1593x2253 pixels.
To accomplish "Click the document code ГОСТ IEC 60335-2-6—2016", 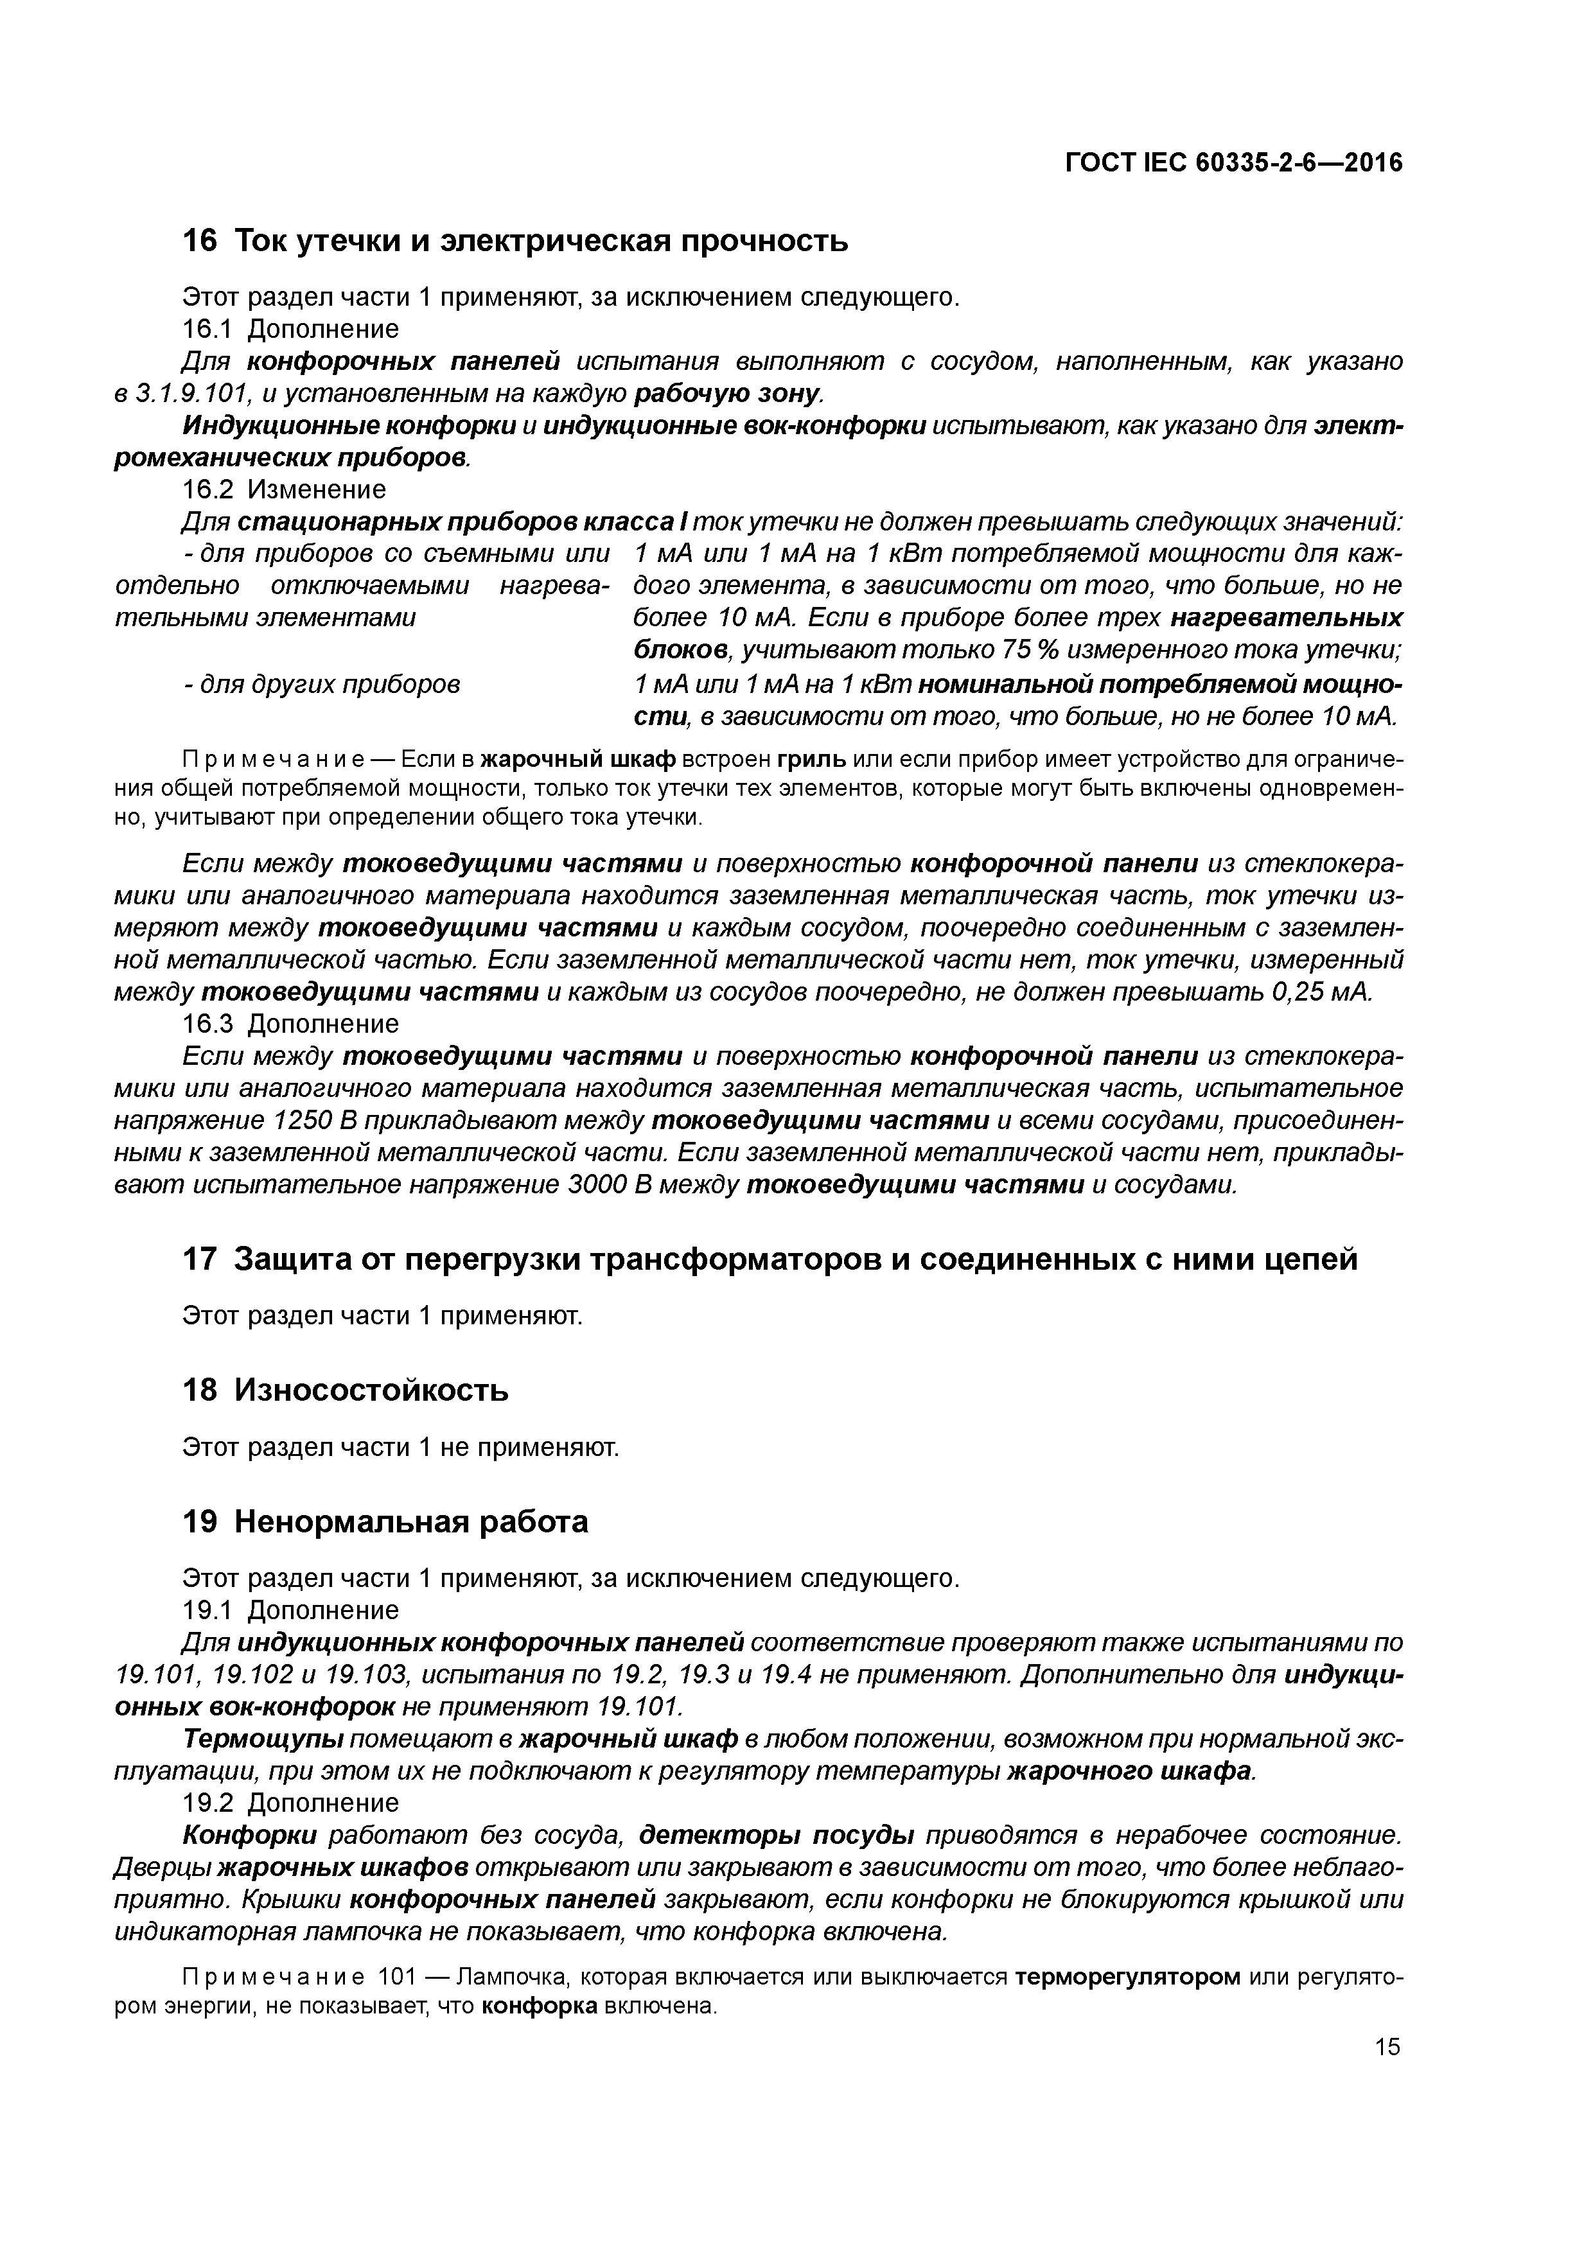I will point(1234,163).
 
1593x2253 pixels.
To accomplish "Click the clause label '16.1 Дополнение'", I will point(290,329).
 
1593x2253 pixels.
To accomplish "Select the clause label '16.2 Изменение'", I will point(285,489).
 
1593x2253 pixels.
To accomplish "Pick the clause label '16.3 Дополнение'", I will point(290,1024).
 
